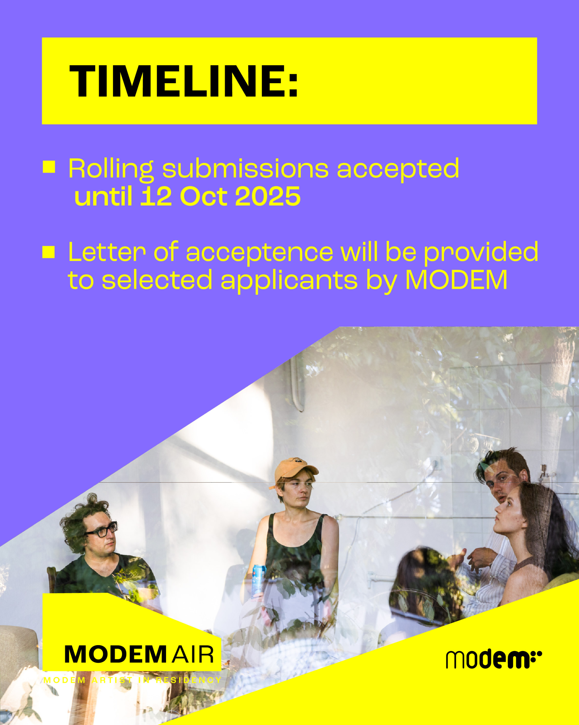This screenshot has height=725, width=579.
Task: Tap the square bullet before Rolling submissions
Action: click(x=49, y=167)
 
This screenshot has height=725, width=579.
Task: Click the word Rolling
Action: click(x=111, y=169)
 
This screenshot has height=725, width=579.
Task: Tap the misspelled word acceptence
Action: click(x=260, y=253)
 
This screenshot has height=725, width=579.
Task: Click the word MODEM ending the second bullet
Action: click(x=456, y=280)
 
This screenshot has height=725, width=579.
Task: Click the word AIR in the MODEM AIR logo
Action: click(x=193, y=655)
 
